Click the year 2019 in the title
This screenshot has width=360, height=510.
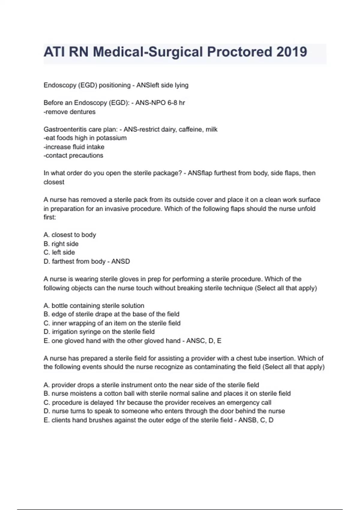point(292,52)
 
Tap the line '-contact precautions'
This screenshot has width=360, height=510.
point(73,155)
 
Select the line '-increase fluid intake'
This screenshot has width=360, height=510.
point(74,147)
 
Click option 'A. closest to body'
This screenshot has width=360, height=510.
point(70,235)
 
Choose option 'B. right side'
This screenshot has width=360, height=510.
point(61,244)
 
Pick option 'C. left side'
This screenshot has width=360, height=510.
point(59,252)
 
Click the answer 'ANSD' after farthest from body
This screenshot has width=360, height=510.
point(121,261)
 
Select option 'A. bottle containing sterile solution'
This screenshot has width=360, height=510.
point(94,305)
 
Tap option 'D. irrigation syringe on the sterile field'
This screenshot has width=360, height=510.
point(99,332)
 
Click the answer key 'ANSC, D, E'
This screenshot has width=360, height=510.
point(204,341)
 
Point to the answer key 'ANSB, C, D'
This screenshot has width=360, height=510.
point(256,420)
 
